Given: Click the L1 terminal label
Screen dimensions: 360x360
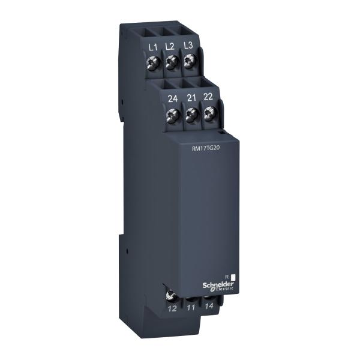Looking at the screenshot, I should click(x=152, y=46).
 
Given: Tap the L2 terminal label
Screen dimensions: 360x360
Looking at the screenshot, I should click(x=170, y=46).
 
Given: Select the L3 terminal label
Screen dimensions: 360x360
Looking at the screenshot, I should click(x=188, y=46).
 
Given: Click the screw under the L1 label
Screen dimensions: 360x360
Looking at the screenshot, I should click(x=153, y=61).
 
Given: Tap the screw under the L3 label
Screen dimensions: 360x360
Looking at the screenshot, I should click(x=190, y=60).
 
